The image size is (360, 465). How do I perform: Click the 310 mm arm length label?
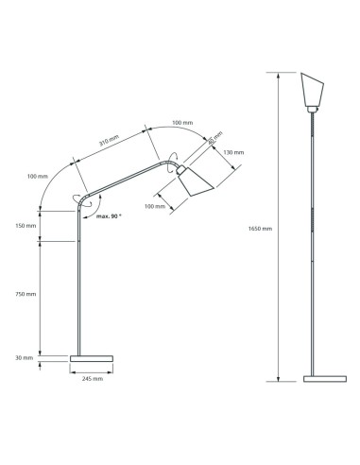[x=109, y=141]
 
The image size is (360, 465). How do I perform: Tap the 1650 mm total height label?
[x=260, y=229]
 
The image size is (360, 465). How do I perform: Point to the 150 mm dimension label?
[x=26, y=226]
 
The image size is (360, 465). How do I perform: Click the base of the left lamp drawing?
[x=92, y=358]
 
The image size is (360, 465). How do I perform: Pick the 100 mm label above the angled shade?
[x=181, y=124]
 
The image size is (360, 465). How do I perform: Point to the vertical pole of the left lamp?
[x=76, y=284]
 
